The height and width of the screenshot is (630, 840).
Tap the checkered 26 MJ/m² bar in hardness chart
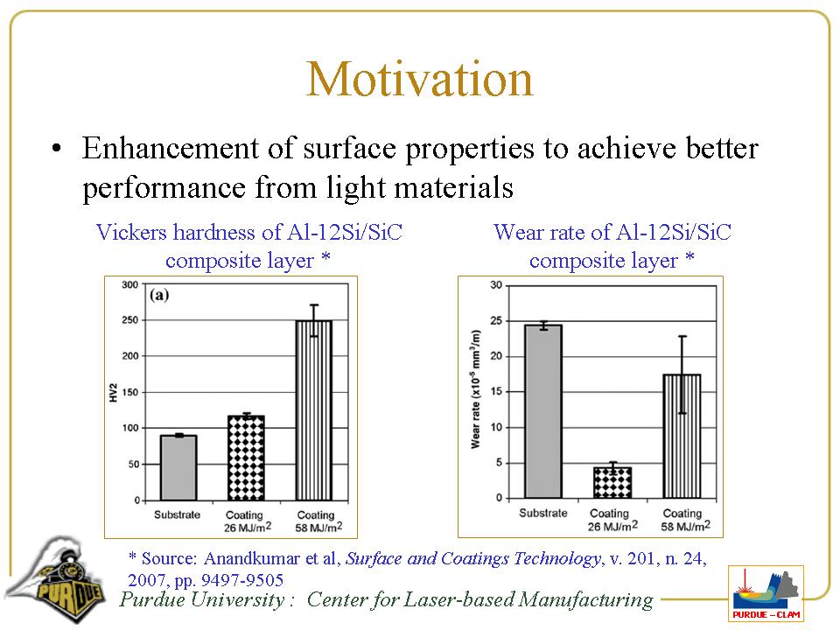coord(246,458)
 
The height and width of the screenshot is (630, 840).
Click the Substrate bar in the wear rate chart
coord(543,411)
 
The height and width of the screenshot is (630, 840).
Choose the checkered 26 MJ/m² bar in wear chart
coord(612,483)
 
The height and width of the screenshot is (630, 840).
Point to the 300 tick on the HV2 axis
coord(129,285)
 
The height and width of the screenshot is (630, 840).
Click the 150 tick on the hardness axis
coord(129,393)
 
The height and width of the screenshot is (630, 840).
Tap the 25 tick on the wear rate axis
coord(495,320)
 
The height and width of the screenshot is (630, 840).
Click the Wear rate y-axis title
coord(476,390)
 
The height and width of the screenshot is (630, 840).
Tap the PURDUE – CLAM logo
coord(766,593)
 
